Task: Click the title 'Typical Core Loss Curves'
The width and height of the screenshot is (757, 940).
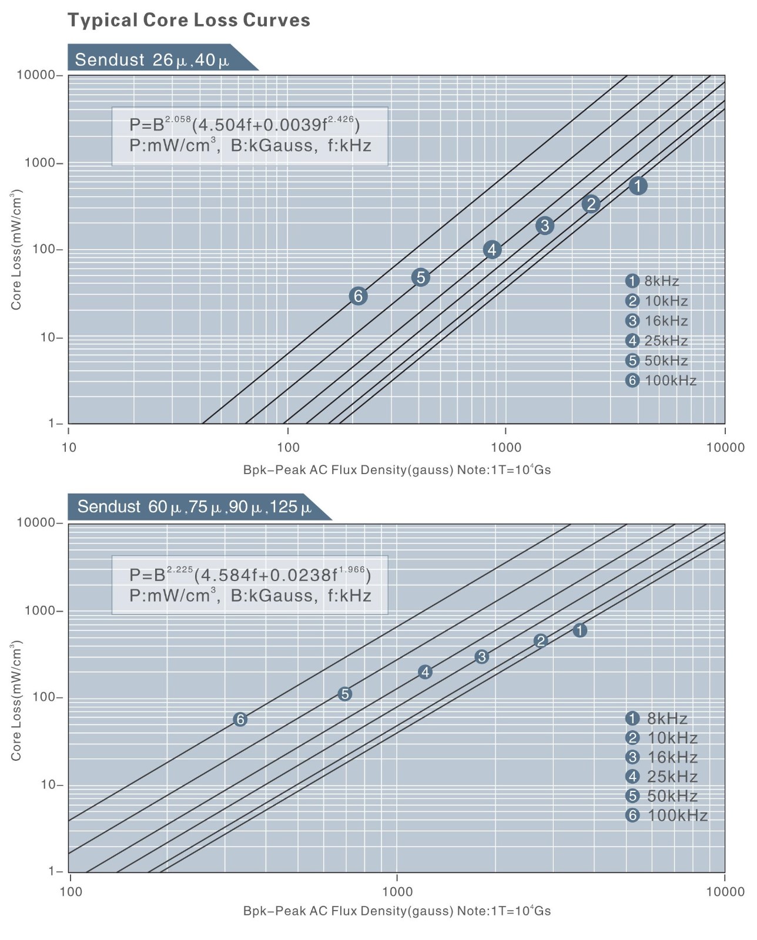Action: pos(189,21)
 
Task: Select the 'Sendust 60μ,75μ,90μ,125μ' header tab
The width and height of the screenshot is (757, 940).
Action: pos(195,507)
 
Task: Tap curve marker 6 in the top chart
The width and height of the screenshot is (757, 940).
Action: pos(358,296)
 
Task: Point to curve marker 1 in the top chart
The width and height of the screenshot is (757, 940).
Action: pos(638,186)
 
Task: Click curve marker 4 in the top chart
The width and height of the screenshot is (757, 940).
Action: pos(492,250)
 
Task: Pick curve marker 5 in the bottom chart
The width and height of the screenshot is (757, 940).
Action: pos(345,694)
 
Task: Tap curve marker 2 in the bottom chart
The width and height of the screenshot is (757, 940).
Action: pos(541,641)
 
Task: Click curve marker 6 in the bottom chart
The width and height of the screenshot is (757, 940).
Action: pos(240,719)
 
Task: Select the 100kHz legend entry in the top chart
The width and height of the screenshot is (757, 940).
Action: pos(662,381)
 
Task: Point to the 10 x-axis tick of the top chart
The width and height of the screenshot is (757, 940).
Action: pos(69,448)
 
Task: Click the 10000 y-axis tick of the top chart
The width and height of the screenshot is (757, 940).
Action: pos(36,75)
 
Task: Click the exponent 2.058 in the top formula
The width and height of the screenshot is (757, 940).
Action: pos(177,119)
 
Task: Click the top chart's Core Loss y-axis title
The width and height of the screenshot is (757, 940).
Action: pos(16,250)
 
